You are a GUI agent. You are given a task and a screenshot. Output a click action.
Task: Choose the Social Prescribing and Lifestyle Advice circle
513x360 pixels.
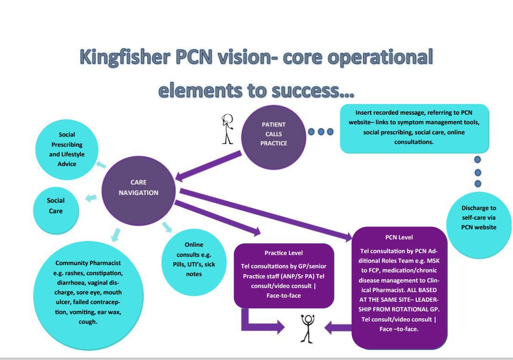(x=67, y=150)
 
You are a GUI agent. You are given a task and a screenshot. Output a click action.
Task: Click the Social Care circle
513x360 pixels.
(x=56, y=206)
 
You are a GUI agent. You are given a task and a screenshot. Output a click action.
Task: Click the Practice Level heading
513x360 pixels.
(x=284, y=253)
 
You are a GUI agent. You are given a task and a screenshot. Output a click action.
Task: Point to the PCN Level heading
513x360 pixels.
(x=399, y=237)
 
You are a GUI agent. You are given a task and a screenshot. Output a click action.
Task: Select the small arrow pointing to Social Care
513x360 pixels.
(x=91, y=198)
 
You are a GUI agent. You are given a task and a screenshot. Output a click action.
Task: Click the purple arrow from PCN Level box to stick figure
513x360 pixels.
(x=338, y=327)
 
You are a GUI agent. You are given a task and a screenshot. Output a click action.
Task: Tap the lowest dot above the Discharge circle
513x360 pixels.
(x=478, y=183)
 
